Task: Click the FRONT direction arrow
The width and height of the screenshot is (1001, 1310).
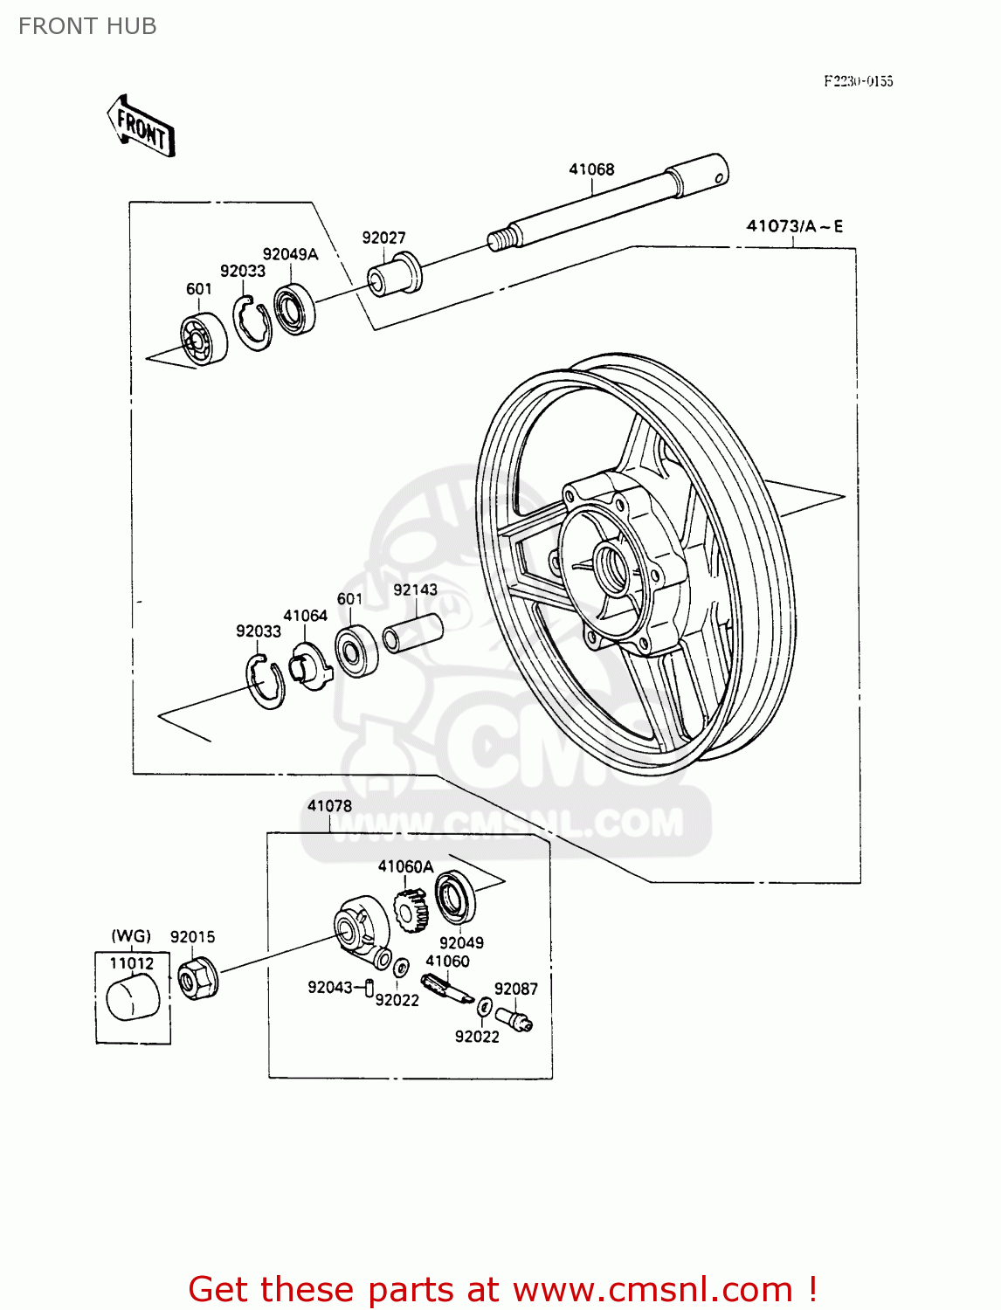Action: [141, 127]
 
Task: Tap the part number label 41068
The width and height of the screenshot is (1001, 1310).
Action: [591, 169]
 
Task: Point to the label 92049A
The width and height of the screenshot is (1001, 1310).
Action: [290, 254]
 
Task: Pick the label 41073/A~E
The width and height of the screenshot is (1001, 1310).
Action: [794, 226]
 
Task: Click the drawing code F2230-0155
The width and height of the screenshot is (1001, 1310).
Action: [858, 81]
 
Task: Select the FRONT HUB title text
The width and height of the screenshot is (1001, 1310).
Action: [87, 26]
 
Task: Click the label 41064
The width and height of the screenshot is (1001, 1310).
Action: [305, 616]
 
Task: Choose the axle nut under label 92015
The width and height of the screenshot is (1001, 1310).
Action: [197, 978]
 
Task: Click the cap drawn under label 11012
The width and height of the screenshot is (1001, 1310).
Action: [133, 999]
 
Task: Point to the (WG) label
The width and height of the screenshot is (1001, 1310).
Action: [131, 936]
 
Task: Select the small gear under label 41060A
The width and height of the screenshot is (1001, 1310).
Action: [410, 910]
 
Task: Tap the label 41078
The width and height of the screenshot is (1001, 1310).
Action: [329, 806]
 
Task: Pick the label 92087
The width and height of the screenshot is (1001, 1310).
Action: [515, 989]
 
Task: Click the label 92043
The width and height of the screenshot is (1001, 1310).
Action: [329, 987]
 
